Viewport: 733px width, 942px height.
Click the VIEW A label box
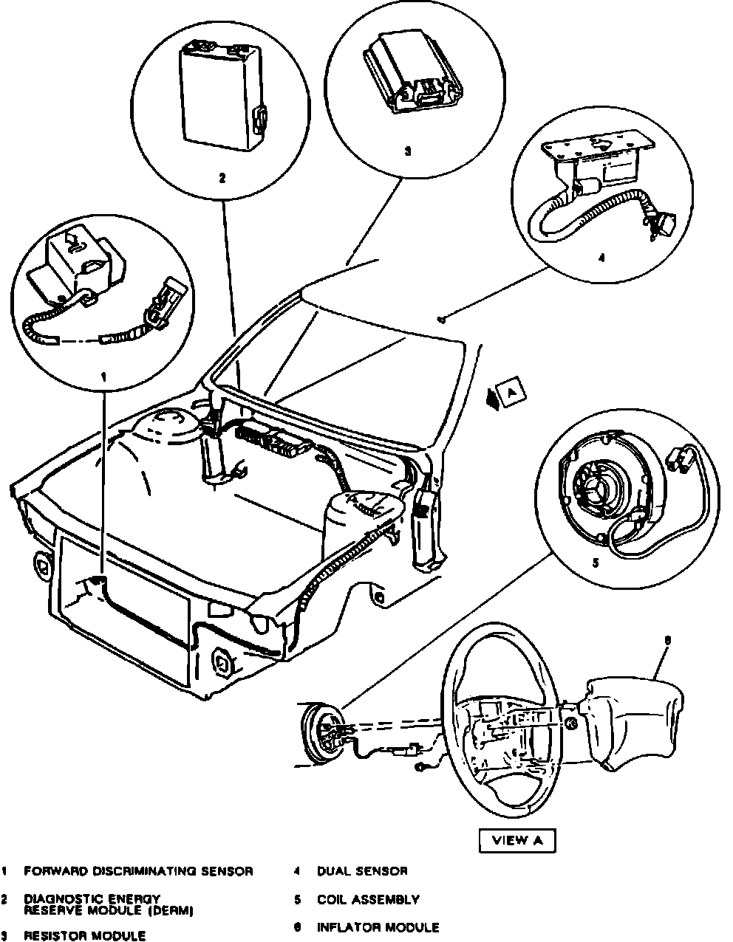(516, 839)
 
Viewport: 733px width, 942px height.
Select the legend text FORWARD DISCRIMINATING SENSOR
(138, 871)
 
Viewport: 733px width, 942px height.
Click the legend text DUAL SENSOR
(361, 871)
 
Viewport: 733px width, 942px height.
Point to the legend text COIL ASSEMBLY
(368, 899)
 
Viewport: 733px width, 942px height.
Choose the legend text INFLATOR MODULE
(378, 927)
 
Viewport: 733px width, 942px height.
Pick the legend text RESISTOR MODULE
(84, 935)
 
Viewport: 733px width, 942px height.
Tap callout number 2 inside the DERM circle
(221, 177)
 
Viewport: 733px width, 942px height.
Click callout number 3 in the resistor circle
(407, 151)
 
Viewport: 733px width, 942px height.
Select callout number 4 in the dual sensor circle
(601, 258)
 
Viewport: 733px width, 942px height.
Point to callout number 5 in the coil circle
(596, 562)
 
